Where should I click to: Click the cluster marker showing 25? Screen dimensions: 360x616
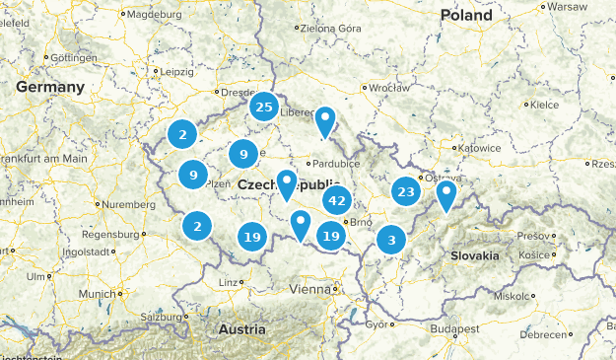(x=263, y=107)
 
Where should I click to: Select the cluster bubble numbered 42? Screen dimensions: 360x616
(x=337, y=200)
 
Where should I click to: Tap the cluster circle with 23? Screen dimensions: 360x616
(x=405, y=191)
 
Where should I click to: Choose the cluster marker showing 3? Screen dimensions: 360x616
(x=392, y=240)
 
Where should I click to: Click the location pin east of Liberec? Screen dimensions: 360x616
(x=325, y=121)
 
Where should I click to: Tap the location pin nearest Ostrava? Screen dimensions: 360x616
(x=446, y=194)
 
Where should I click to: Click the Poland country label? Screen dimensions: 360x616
(x=466, y=15)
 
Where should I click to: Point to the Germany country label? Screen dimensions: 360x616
(x=50, y=87)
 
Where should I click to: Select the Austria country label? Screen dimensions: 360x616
(x=241, y=328)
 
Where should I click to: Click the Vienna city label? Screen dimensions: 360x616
(x=312, y=289)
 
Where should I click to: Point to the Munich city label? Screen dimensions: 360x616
(x=99, y=294)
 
